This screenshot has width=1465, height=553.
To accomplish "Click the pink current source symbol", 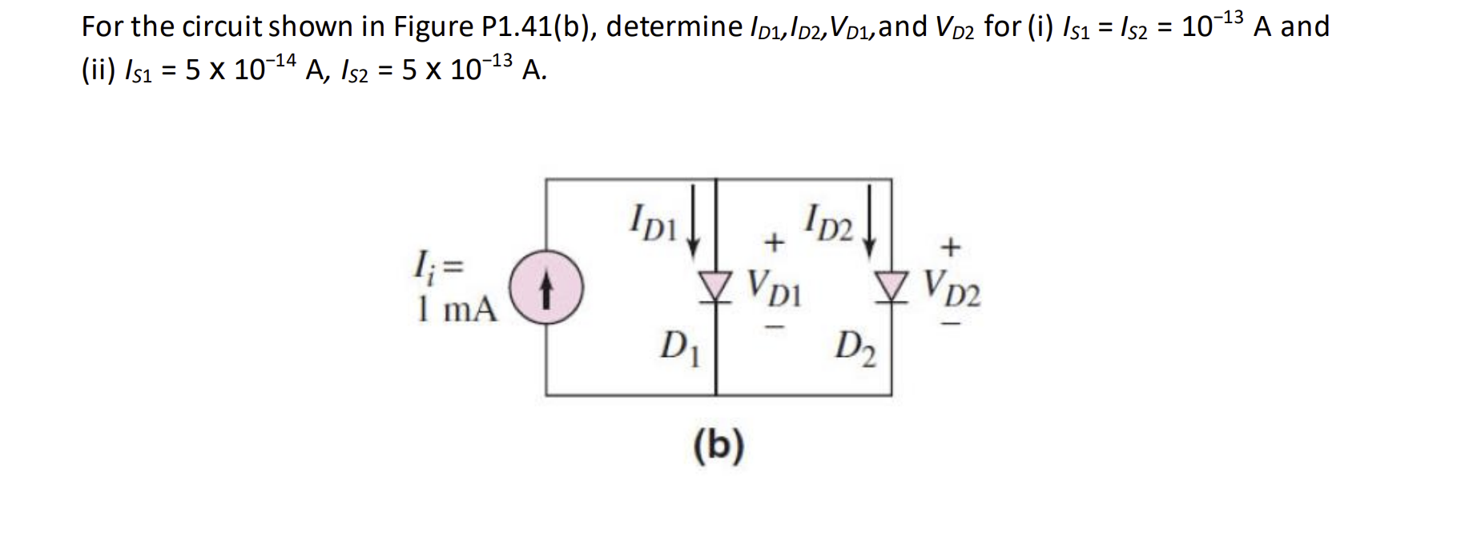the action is [x=547, y=290].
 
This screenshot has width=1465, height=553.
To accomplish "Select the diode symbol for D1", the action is [x=715, y=284].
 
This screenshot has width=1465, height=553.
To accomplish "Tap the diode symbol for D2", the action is [x=890, y=284].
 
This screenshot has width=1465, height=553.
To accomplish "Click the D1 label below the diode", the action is [x=680, y=348].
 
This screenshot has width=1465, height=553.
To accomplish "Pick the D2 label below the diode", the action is [x=855, y=350].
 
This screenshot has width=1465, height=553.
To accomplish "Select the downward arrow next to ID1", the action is [x=695, y=216].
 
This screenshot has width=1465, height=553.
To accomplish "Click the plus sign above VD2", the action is [x=949, y=247].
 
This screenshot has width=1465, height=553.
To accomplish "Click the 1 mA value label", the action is [x=457, y=309].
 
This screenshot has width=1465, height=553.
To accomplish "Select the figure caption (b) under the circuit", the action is [x=718, y=445].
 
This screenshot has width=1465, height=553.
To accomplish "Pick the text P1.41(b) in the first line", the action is [x=538, y=27].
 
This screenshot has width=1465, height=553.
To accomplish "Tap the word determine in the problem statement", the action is [x=674, y=27].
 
